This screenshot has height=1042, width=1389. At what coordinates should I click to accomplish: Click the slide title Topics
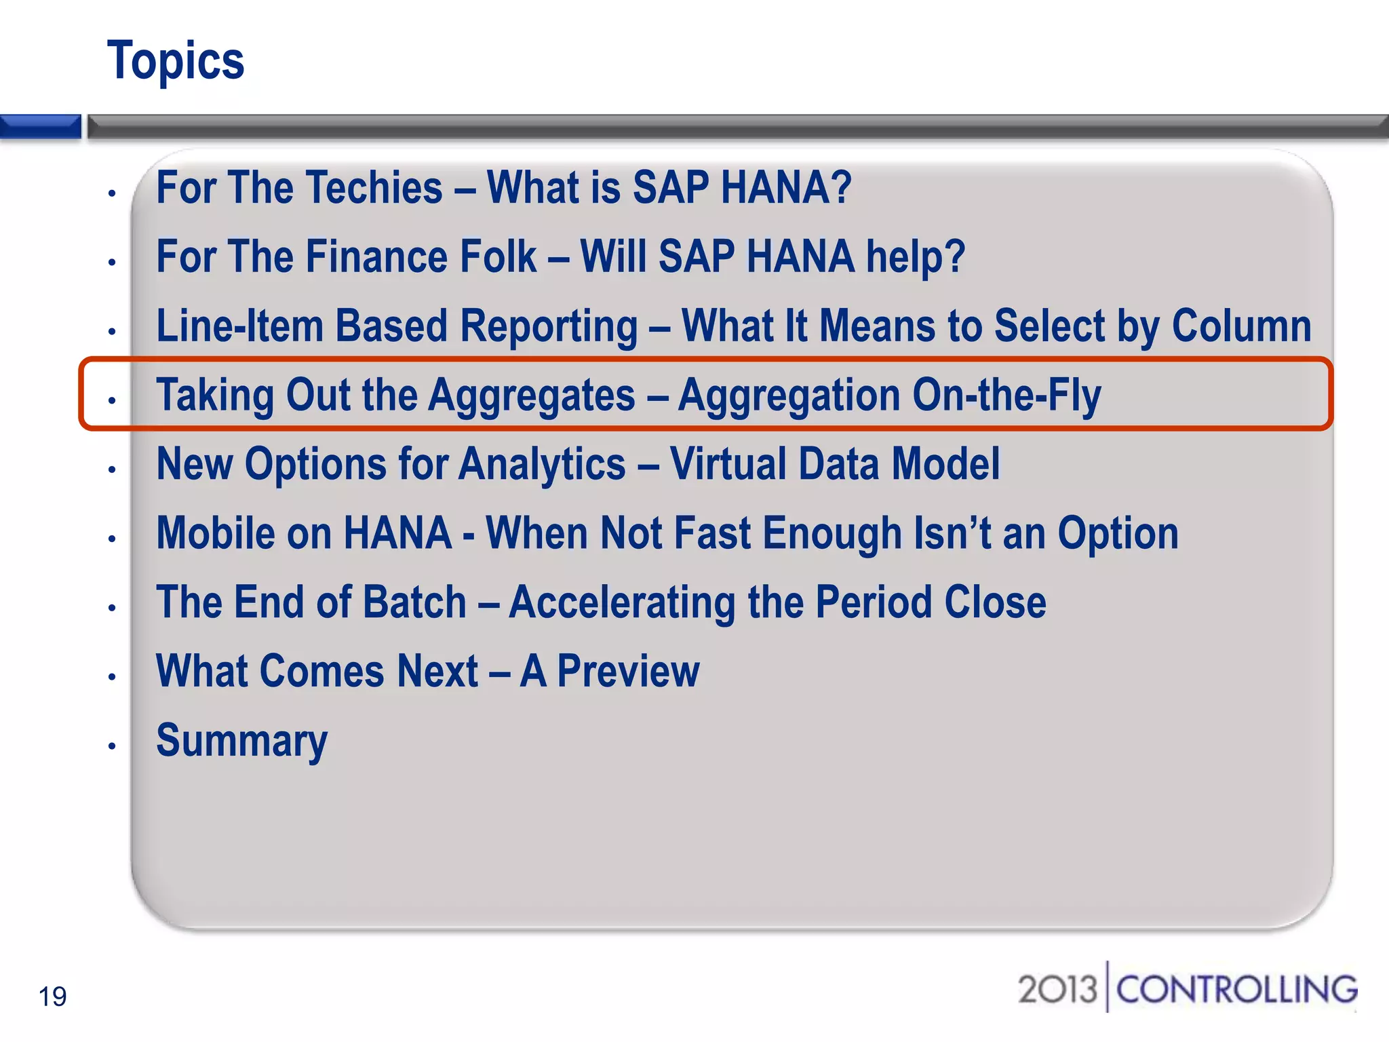pos(176,61)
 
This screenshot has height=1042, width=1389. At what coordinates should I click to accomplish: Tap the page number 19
pos(52,997)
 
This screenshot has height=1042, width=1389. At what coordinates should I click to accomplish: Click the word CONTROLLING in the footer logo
pos(1236,990)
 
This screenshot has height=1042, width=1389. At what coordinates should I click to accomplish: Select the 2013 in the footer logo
pos(1057,990)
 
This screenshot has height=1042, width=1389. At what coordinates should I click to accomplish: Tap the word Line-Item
pos(239,326)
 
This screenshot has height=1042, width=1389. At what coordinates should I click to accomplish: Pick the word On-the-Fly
pos(1006,395)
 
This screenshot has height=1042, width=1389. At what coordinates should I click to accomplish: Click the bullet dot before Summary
pos(112,746)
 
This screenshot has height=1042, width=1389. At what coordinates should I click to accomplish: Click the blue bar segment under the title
pos(41,126)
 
